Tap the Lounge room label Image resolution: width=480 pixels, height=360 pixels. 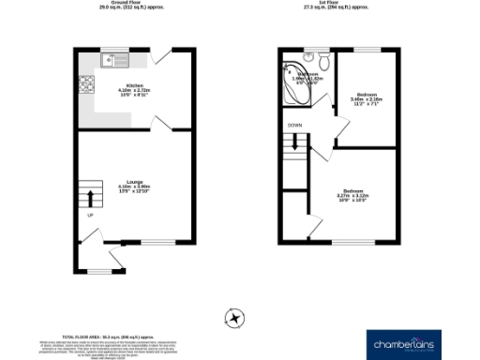[x=135, y=182]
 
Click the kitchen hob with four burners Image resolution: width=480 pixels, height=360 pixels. [x=88, y=88]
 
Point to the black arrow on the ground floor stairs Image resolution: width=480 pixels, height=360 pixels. [x=91, y=198]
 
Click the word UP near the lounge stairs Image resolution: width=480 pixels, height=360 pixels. [x=91, y=217]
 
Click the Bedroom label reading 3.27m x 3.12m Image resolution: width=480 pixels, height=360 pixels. [x=352, y=195]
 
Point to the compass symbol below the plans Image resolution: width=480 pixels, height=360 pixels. [x=235, y=318]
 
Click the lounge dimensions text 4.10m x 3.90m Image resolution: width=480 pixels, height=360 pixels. [x=135, y=189]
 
